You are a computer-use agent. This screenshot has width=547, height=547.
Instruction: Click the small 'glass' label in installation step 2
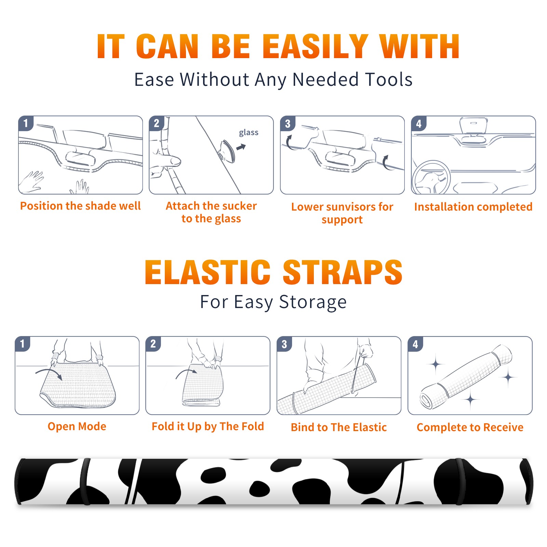pos(249,133)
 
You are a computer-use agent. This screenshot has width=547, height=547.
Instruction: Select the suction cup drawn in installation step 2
pos(227,151)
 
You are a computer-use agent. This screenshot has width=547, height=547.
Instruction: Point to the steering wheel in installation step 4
pos(431,177)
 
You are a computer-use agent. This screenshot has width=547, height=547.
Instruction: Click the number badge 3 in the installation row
pos(288,124)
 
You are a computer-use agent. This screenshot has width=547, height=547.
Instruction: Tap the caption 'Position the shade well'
pos(80,206)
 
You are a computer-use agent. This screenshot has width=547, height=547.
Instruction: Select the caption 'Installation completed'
pos(473,207)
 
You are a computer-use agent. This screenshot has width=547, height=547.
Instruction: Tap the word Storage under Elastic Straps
pos(313,302)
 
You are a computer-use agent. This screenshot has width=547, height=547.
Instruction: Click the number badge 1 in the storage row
pos(23,344)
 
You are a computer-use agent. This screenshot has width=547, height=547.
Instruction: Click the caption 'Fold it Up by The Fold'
pos(208,427)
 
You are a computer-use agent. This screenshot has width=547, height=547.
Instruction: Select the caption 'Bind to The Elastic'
pos(338,427)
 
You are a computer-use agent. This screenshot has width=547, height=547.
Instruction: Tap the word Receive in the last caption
pos(503,427)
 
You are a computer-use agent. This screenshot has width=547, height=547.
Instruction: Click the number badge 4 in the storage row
pos(415,344)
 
